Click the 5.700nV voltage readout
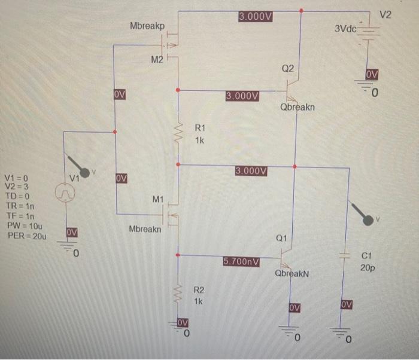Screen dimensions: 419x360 click(241, 261)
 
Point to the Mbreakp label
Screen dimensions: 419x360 click(147, 26)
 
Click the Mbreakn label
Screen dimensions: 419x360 click(145, 229)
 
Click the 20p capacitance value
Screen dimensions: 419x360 click(368, 268)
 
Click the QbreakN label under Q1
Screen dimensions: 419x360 click(292, 273)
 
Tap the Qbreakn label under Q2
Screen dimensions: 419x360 click(297, 108)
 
